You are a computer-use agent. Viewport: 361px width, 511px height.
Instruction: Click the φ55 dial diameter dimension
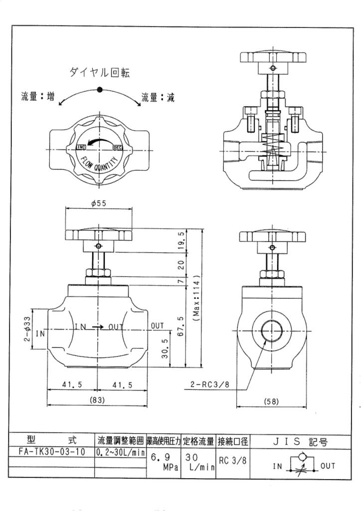(99, 204)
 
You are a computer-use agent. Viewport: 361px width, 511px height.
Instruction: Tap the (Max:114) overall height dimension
(196, 298)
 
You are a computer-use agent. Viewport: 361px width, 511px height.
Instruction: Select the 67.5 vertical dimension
(181, 326)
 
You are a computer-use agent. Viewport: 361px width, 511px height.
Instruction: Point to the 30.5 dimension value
(166, 349)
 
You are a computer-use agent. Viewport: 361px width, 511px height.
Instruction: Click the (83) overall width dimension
(97, 400)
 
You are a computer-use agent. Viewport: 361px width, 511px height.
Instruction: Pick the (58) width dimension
(271, 402)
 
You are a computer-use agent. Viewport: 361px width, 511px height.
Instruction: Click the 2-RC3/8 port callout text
(210, 385)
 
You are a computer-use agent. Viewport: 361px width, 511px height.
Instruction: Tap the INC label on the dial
(81, 147)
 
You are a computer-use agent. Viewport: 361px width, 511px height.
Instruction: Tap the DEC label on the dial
(118, 148)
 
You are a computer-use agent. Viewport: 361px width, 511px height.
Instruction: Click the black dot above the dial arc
(100, 89)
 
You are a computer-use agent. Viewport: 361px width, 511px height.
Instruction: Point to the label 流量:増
(38, 96)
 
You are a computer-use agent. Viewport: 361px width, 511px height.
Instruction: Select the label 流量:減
(158, 97)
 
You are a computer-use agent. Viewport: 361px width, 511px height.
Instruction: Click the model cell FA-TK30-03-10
(52, 452)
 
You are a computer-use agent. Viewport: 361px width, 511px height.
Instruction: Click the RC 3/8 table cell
(233, 460)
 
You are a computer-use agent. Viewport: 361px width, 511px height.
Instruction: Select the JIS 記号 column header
(300, 442)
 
